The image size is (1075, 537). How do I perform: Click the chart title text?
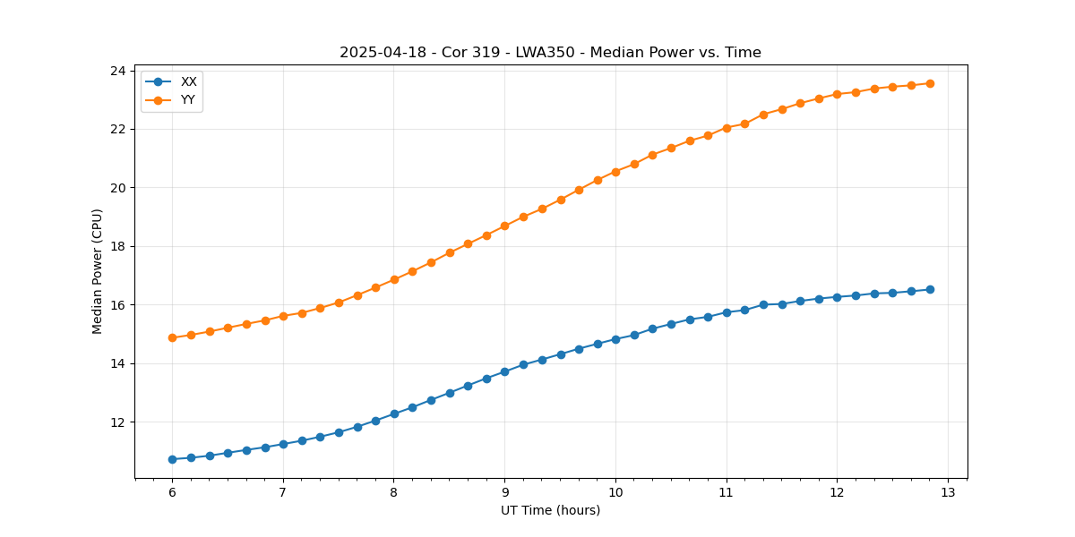[x=550, y=53]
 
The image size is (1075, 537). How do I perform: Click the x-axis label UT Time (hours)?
[x=550, y=510]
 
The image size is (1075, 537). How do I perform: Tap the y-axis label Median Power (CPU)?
[x=98, y=271]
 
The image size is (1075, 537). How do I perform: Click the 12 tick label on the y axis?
[x=120, y=422]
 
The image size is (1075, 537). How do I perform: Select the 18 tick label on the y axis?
[x=120, y=246]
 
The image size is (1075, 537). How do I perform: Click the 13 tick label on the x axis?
[x=948, y=492]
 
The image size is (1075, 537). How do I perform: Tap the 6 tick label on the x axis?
[x=172, y=492]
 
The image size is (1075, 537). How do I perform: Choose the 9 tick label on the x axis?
[x=504, y=492]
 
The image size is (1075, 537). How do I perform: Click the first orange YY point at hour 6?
[x=172, y=337]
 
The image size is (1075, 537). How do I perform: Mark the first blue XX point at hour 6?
[x=172, y=459]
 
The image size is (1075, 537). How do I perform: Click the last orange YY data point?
[x=930, y=83]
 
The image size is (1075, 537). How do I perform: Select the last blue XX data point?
[x=930, y=289]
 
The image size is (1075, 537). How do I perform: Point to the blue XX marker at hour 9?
[x=504, y=371]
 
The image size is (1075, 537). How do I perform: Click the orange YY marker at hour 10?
[x=615, y=172]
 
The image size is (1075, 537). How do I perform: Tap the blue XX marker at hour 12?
[x=837, y=297]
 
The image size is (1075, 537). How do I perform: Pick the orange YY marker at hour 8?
[x=394, y=279]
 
